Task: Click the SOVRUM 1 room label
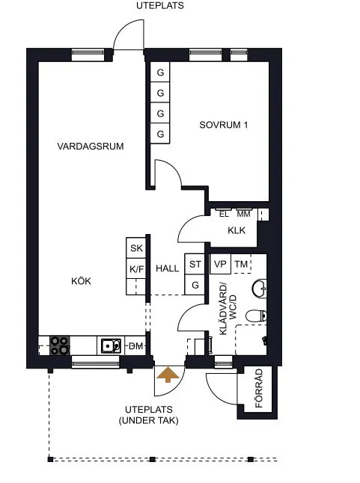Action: (224, 125)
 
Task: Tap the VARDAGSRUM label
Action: (91, 146)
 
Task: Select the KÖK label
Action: (81, 281)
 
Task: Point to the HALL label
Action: (167, 268)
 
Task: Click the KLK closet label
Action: (237, 230)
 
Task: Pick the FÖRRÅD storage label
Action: (259, 388)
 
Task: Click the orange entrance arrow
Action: (168, 375)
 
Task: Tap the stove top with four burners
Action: (60, 345)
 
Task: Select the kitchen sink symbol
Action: (111, 345)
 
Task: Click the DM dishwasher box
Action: (135, 345)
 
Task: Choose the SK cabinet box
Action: (136, 247)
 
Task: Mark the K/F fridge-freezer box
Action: (136, 268)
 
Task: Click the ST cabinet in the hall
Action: (195, 264)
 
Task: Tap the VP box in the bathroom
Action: (220, 264)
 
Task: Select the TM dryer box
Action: (241, 264)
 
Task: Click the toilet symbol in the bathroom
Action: (256, 316)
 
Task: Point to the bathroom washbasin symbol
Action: (260, 289)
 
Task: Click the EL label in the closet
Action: (224, 214)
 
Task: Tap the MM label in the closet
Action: (243, 214)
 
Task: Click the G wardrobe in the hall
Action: (195, 285)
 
